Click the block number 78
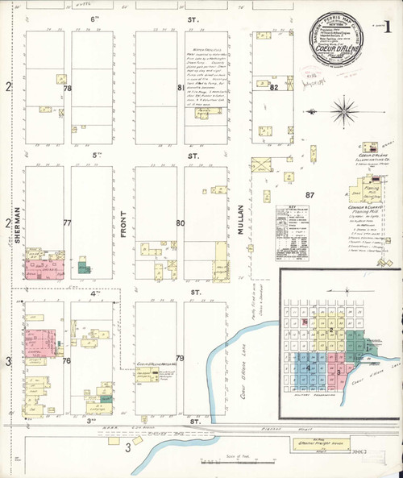[x=68, y=88]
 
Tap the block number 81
[x=181, y=88]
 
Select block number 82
[x=273, y=87]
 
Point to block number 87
[x=309, y=196]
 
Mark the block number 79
[x=181, y=358]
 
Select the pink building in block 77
[x=44, y=269]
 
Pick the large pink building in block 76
[x=39, y=342]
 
